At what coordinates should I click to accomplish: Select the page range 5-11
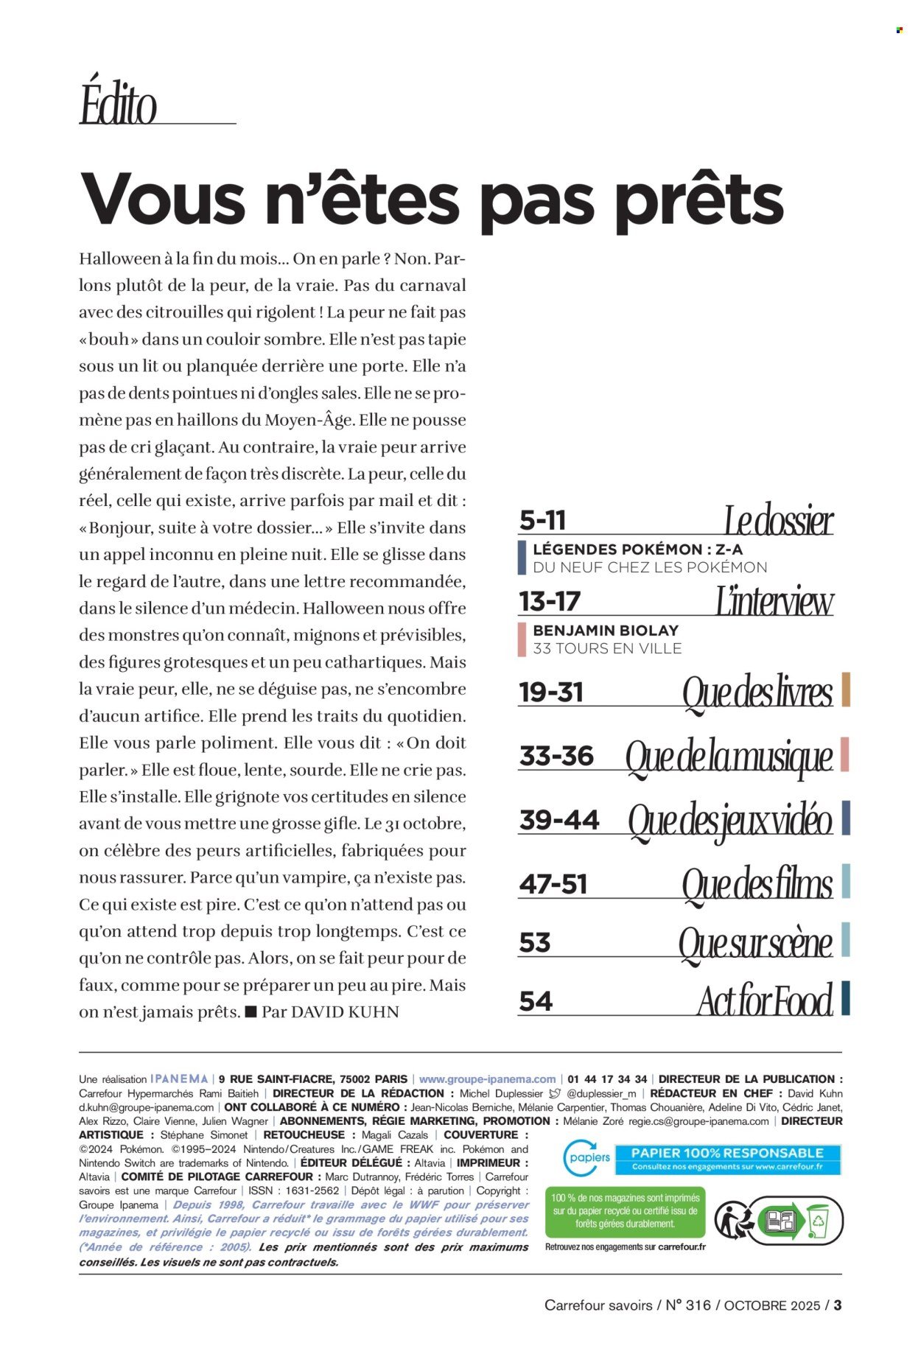tap(543, 520)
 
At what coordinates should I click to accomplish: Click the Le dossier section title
tap(778, 520)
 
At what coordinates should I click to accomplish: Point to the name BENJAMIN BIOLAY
tap(606, 631)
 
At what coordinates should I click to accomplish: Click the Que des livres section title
tap(757, 692)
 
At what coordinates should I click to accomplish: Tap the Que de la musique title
tap(729, 757)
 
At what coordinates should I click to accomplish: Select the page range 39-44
tap(559, 820)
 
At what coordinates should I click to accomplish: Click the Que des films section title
tap(757, 883)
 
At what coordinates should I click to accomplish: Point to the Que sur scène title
tap(755, 942)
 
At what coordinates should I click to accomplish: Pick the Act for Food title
tap(765, 1000)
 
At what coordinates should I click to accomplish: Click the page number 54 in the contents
tap(536, 1001)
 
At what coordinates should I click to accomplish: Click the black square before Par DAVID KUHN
tap(251, 1011)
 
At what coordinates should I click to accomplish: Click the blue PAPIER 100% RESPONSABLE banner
tap(726, 1159)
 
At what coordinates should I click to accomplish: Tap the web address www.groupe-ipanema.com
tap(487, 1078)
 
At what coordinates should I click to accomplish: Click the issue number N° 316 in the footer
tap(688, 1305)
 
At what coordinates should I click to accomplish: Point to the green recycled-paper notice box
tap(625, 1213)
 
